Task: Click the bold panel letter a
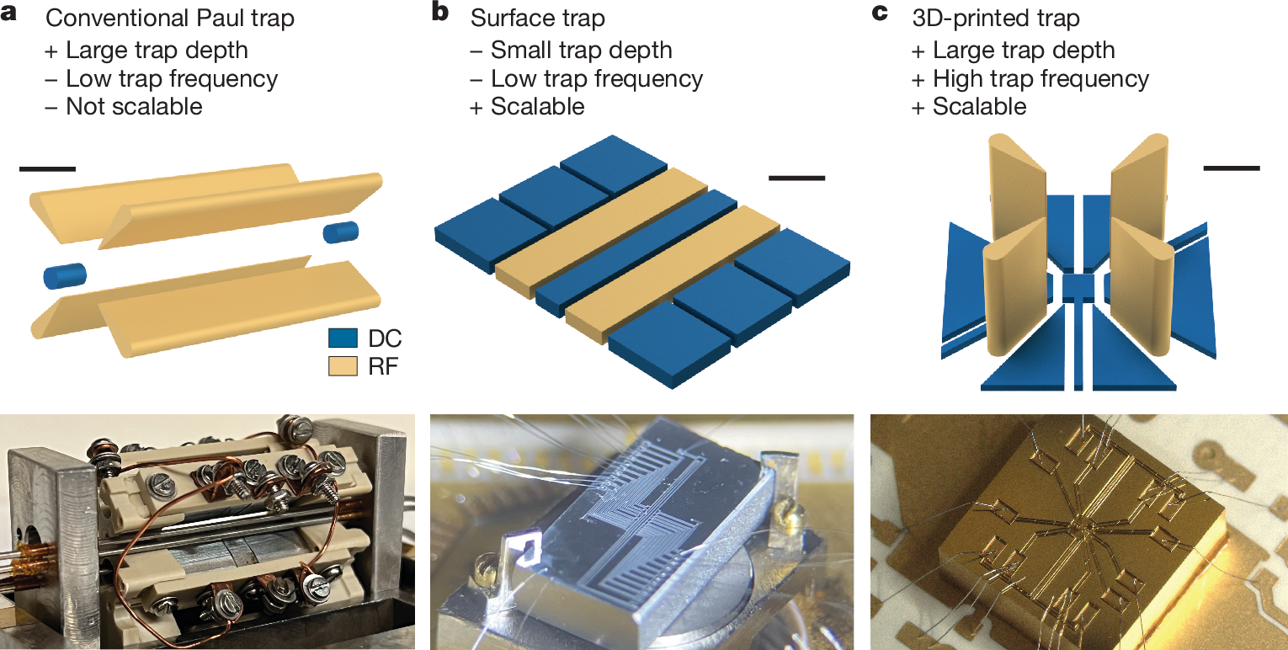(x=16, y=15)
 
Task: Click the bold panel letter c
(x=881, y=15)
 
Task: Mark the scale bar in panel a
(x=47, y=169)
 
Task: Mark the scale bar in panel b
(x=796, y=178)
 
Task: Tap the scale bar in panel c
(x=1232, y=168)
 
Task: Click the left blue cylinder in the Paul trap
(x=66, y=274)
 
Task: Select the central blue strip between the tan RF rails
(x=636, y=252)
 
